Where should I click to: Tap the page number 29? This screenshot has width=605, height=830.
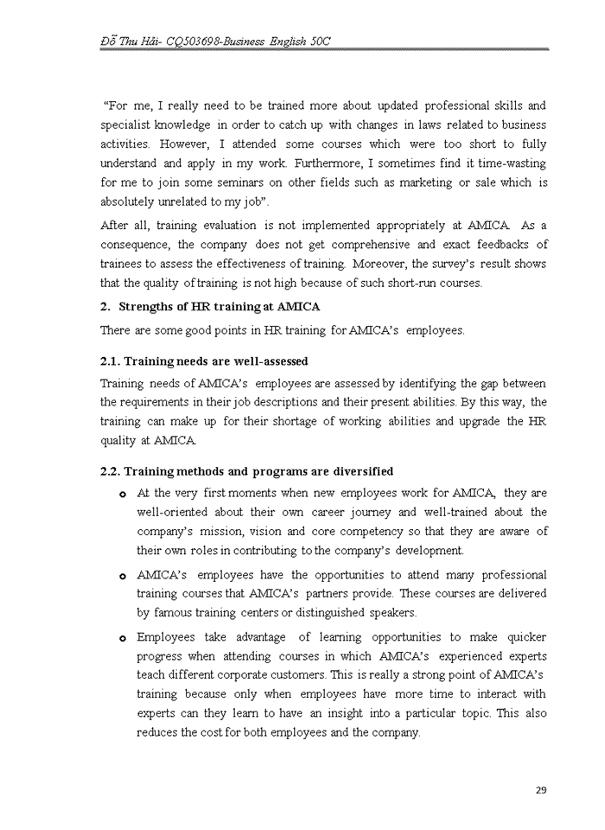[x=541, y=789]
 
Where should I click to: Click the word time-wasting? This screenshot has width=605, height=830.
[x=507, y=163]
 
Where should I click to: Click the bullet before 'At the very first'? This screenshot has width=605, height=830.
[x=122, y=494]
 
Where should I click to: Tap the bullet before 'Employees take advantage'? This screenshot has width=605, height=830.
[x=122, y=639]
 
